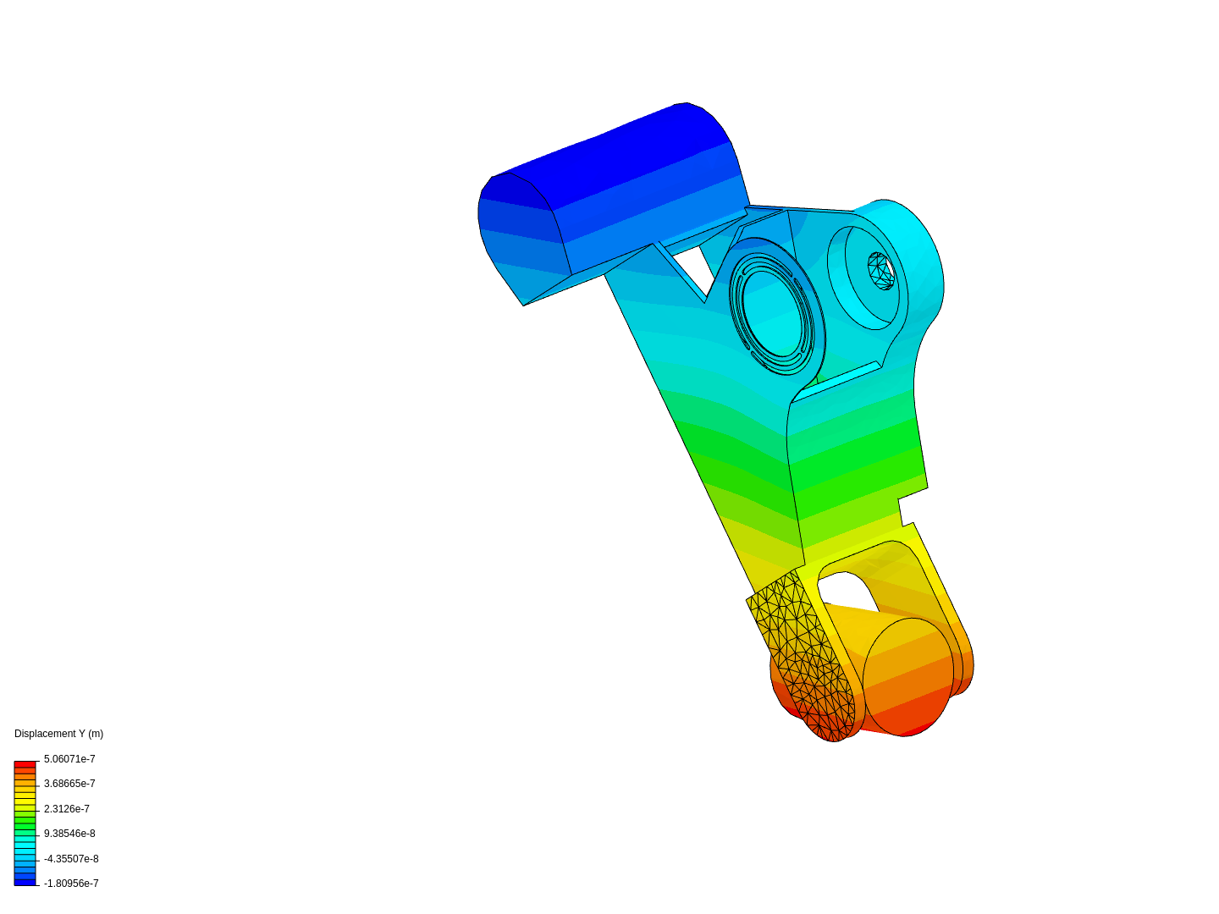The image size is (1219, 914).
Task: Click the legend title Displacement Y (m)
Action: [x=58, y=734]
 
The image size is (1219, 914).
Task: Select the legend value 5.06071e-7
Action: [x=69, y=759]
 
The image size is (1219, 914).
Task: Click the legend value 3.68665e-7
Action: [x=69, y=784]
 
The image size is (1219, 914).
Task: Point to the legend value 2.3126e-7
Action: [x=67, y=809]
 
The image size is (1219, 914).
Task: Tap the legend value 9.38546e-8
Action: [x=69, y=834]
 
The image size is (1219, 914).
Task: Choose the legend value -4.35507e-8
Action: [x=71, y=859]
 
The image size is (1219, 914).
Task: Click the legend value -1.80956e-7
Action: [x=71, y=884]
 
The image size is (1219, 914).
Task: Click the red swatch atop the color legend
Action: [x=25, y=764]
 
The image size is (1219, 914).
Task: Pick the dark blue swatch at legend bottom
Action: [x=25, y=882]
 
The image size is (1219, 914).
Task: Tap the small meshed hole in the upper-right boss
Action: [x=881, y=271]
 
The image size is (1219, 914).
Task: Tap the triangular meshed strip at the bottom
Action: [x=804, y=652]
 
